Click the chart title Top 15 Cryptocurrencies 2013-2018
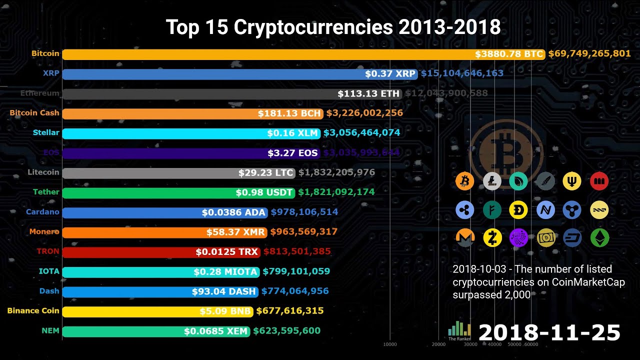click(x=333, y=27)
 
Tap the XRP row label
click(x=51, y=73)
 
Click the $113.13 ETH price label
click(x=368, y=93)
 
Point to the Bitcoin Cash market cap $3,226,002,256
click(x=364, y=113)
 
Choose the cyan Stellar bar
click(x=165, y=133)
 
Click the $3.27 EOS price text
click(x=292, y=153)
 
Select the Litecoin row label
click(x=43, y=172)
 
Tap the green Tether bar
click(x=150, y=192)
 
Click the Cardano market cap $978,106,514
click(x=304, y=212)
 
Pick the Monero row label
click(x=44, y=231)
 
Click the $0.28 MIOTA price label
click(x=225, y=271)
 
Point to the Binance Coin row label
click(x=33, y=310)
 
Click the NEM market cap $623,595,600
click(x=286, y=330)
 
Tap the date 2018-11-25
click(x=549, y=332)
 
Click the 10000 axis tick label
click(x=390, y=344)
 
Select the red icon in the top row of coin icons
click(x=599, y=181)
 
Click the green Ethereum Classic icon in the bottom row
click(x=599, y=238)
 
